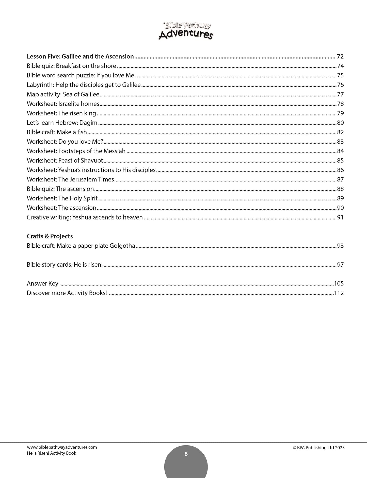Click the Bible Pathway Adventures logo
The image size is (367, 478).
tap(186, 30)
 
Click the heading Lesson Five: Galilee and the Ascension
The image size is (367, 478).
tap(80, 56)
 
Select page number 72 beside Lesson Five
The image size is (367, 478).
tap(340, 56)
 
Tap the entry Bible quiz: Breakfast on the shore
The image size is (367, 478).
tap(71, 66)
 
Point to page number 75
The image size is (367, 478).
tap(340, 75)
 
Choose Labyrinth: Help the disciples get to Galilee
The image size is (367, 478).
tap(84, 85)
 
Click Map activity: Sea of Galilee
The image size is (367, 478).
tap(63, 94)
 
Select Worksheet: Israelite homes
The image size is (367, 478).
tap(63, 104)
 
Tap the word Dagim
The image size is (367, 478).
tap(88, 123)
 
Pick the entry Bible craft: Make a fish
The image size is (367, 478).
tap(57, 132)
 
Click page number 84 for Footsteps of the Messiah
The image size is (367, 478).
tap(340, 151)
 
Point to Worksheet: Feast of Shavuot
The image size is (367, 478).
tap(65, 161)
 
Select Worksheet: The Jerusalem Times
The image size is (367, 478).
tap(70, 179)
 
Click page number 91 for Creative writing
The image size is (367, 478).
tap(340, 217)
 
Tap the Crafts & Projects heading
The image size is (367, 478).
tap(50, 236)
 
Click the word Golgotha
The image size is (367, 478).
tap(123, 246)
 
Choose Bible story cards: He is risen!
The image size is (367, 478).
tap(65, 265)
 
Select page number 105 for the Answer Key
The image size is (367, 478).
tap(339, 284)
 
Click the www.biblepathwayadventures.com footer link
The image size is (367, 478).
tap(62, 447)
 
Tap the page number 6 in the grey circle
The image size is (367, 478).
tap(186, 454)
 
